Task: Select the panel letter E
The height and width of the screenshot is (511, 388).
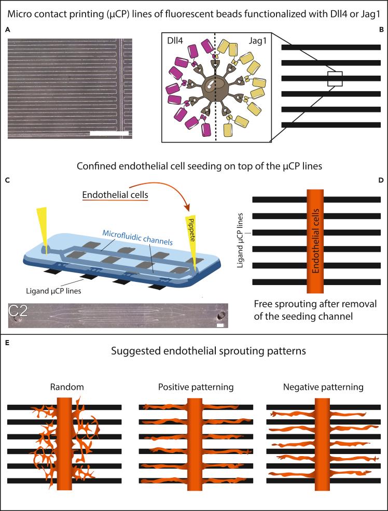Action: tap(7, 343)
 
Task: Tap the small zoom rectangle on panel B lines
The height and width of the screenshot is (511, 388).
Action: tap(335, 79)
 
